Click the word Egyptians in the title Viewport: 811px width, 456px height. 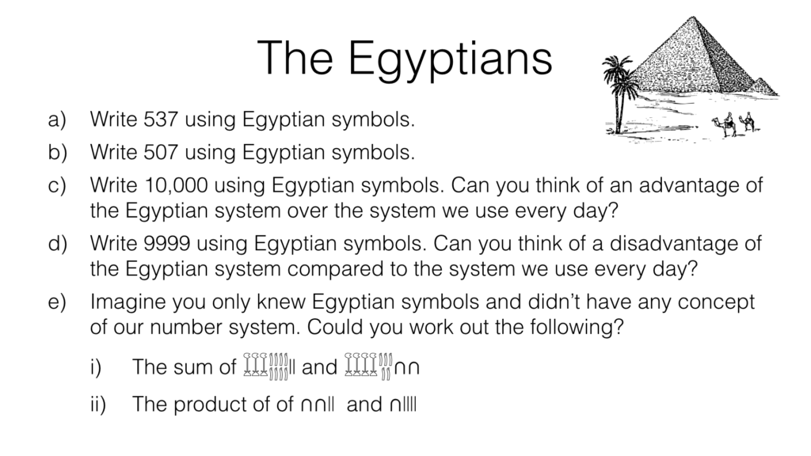coord(450,59)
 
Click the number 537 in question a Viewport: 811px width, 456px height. coord(161,120)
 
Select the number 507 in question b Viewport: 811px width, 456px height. coord(161,153)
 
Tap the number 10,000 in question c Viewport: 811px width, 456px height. coord(177,185)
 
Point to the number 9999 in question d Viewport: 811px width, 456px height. coord(167,244)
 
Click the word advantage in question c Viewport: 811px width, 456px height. coord(688,185)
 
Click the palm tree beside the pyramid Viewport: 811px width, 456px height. coord(618,93)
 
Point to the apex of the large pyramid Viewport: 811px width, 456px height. coord(693,17)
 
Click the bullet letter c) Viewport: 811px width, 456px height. coord(57,185)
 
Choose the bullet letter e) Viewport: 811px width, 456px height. coord(57,302)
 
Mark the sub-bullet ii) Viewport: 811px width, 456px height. coord(97,405)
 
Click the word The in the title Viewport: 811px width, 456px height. coord(295,59)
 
